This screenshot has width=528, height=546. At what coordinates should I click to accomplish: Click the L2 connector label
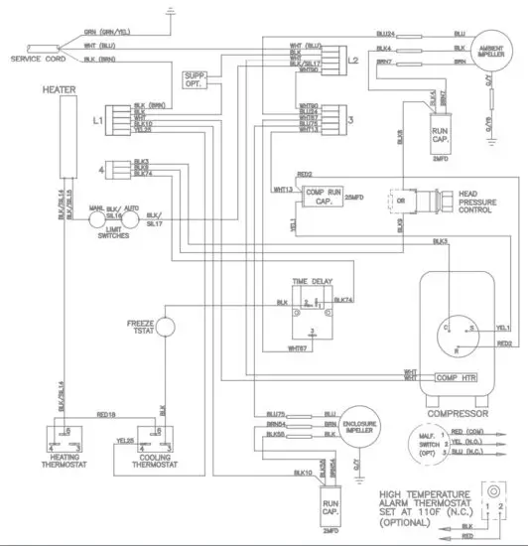point(353,61)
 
